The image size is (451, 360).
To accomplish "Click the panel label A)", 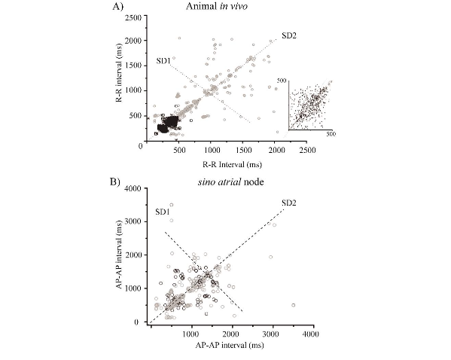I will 117,7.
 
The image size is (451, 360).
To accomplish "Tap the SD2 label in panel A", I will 289,35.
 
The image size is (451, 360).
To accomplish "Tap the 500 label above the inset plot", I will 282,79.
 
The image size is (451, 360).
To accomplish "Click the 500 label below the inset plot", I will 331,133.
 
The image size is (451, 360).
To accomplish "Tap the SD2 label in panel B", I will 288,203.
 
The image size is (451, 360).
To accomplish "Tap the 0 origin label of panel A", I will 141,147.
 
